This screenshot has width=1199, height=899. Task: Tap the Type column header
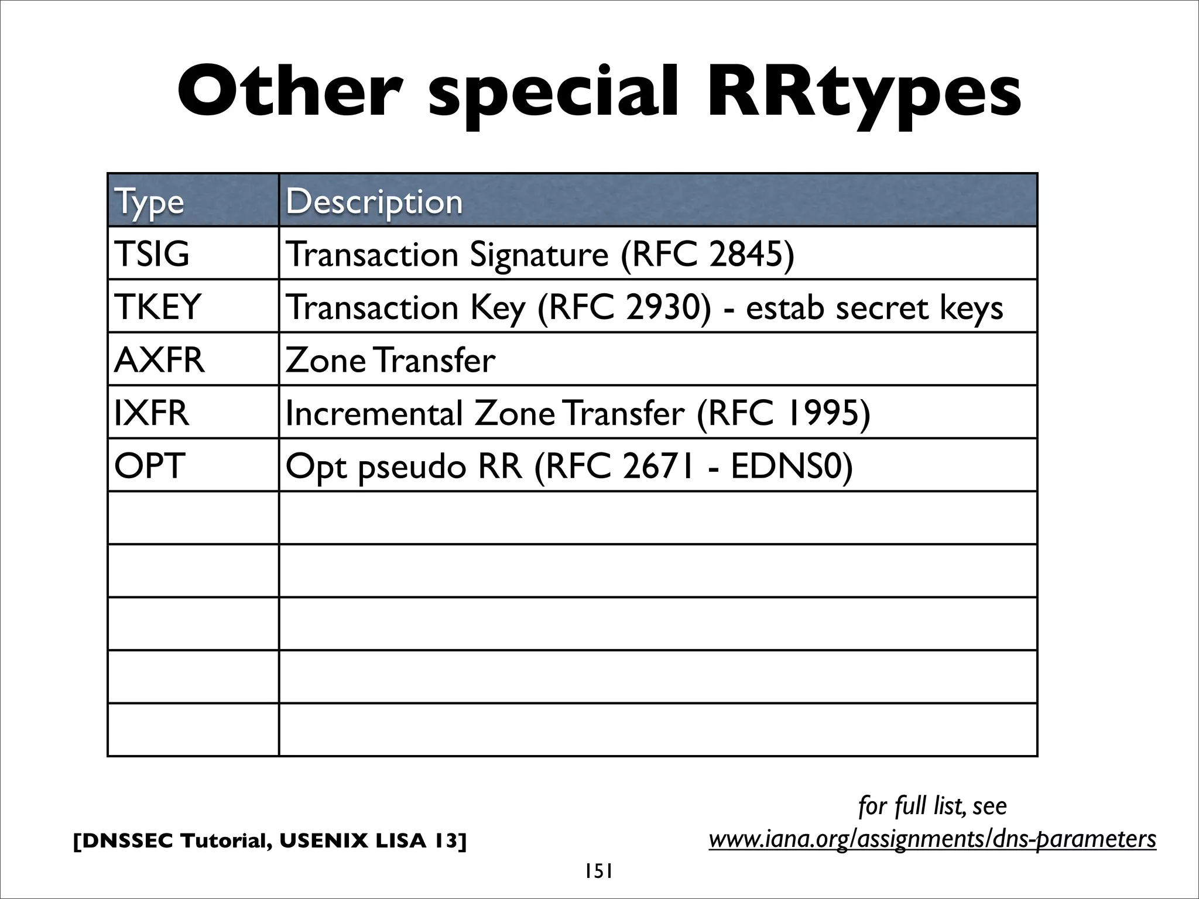click(150, 201)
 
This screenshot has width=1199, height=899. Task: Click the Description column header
click(374, 201)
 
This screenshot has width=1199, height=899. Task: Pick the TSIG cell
click(152, 254)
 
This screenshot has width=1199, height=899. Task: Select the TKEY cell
click(157, 307)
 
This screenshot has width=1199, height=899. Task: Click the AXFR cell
click(159, 359)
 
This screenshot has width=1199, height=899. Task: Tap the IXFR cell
click(152, 413)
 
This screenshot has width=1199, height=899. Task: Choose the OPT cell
click(149, 466)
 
